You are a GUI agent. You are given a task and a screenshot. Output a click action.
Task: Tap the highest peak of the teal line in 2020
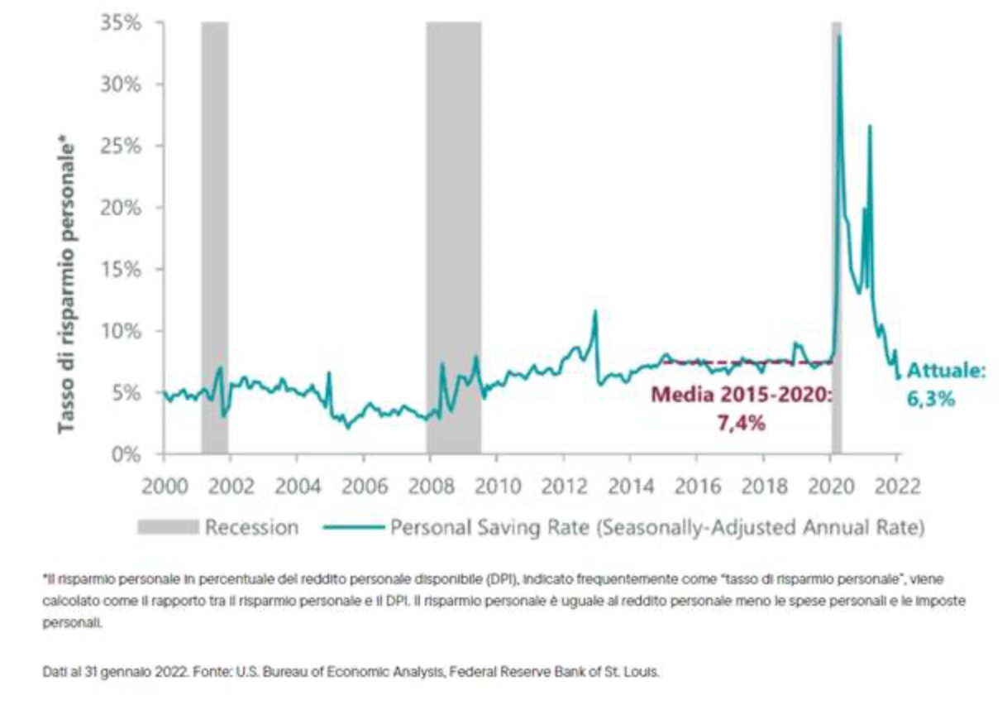(x=839, y=36)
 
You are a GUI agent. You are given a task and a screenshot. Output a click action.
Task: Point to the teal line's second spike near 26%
(x=869, y=127)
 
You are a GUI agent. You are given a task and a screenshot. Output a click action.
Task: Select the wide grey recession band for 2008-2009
(x=453, y=207)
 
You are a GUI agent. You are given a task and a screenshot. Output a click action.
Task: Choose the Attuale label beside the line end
(x=946, y=371)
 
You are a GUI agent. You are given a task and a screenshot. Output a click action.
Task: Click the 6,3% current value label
(x=933, y=398)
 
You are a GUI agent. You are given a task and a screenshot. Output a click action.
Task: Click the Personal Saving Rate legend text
(x=656, y=527)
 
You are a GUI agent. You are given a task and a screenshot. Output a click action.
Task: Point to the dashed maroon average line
(x=744, y=362)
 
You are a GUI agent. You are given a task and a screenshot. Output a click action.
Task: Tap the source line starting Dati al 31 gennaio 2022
(x=351, y=672)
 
